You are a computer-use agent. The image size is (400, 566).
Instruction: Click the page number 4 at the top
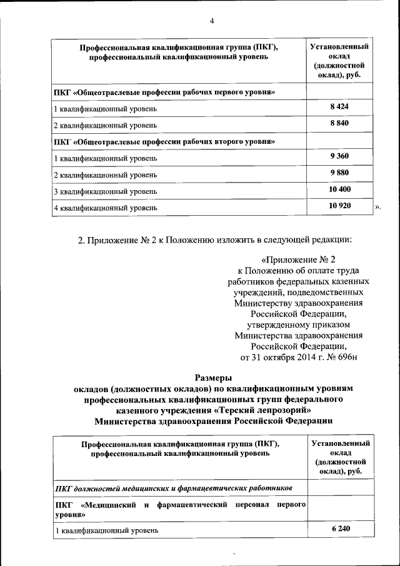(x=212, y=21)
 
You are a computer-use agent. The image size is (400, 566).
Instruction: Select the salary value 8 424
(x=339, y=107)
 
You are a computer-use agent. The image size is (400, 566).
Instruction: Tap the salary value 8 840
(x=339, y=123)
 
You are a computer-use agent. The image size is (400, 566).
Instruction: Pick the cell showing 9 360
(x=339, y=156)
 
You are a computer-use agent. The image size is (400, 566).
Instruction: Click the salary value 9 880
(x=339, y=173)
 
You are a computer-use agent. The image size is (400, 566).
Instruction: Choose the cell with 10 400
(x=339, y=189)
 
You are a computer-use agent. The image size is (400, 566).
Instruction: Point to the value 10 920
(x=339, y=205)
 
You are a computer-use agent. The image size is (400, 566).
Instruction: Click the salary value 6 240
(x=341, y=529)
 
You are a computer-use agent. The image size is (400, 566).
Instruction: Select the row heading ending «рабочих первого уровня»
(x=166, y=92)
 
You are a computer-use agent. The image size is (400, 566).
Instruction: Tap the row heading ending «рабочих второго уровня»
(x=166, y=141)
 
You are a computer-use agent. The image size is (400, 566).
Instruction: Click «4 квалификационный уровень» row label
(x=106, y=207)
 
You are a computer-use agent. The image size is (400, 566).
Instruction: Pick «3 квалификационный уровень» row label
(x=106, y=191)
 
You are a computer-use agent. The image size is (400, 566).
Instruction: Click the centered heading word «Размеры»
(x=213, y=377)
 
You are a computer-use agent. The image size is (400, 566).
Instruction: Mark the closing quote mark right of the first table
(x=377, y=206)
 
